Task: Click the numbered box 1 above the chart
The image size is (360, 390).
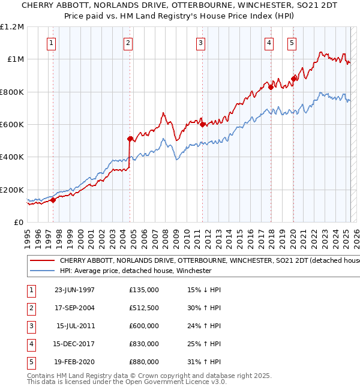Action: point(52,43)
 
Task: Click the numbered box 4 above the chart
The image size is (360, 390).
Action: point(270,43)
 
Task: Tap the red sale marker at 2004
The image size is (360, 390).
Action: point(130,139)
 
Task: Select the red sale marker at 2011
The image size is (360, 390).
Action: point(202,125)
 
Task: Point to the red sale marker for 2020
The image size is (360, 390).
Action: point(293,79)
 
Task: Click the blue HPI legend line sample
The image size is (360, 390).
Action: point(41,271)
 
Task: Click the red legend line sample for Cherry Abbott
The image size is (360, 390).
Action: point(41,261)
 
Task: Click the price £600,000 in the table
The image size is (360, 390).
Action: point(144,326)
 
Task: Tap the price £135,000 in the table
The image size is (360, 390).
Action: point(144,290)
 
